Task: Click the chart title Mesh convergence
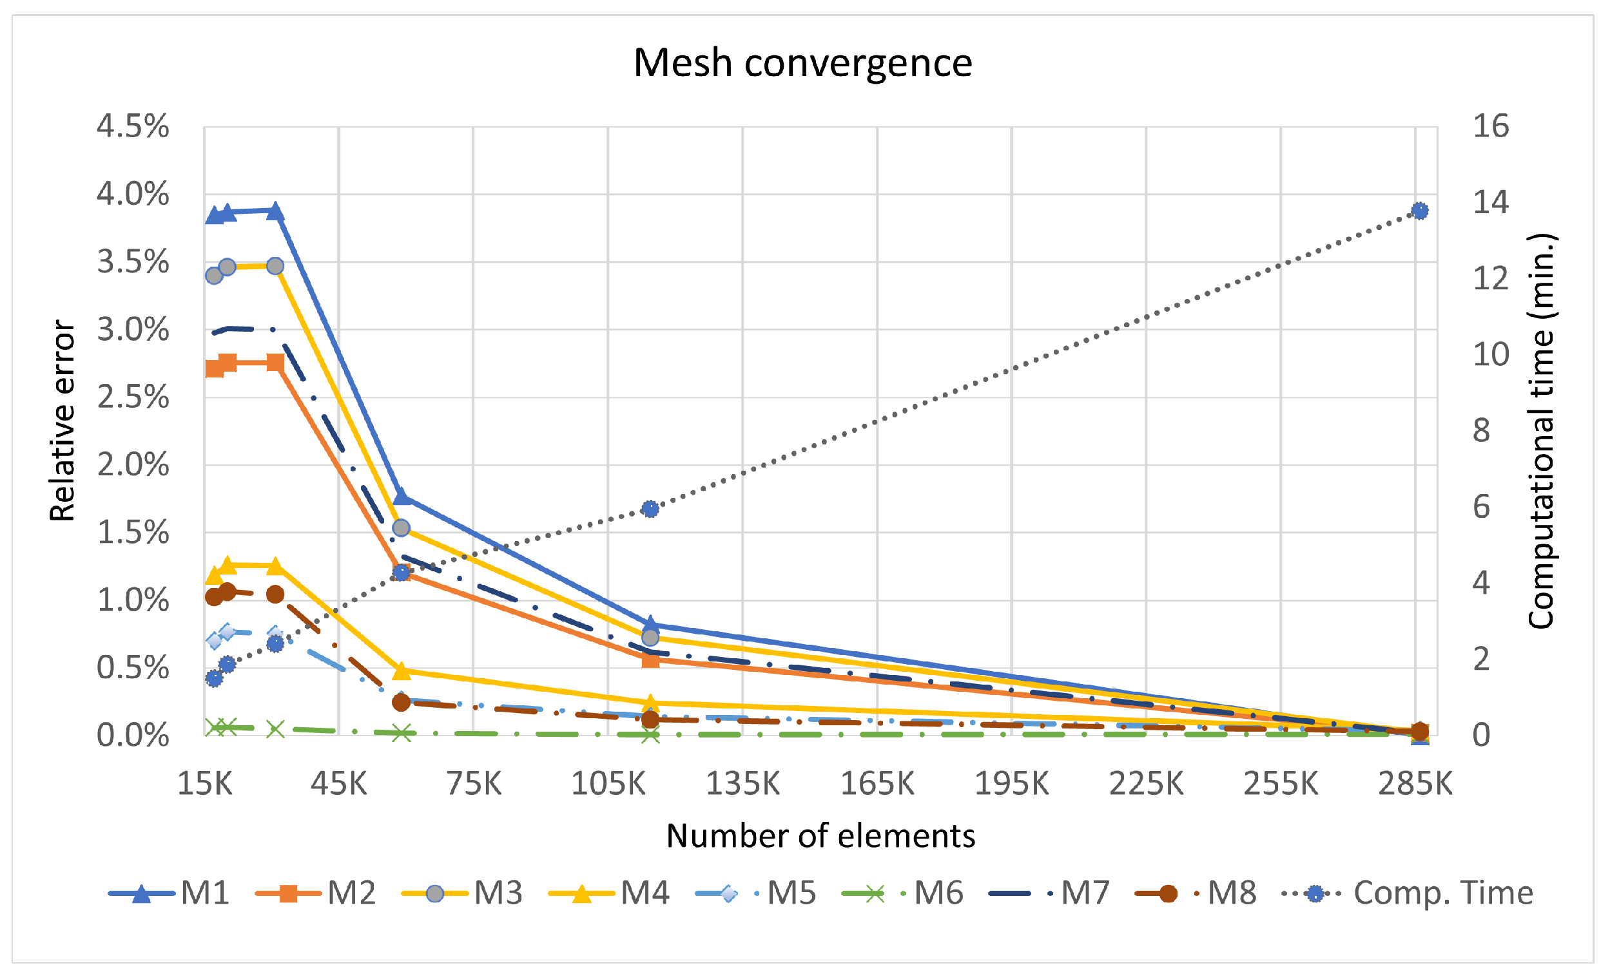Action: point(802,62)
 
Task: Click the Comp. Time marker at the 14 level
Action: point(1419,211)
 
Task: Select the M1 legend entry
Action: point(170,893)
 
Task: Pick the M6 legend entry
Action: point(902,893)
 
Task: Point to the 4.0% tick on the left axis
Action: point(133,194)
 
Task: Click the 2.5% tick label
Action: point(133,397)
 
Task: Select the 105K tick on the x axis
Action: point(608,783)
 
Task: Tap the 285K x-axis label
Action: point(1415,783)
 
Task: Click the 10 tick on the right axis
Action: point(1490,355)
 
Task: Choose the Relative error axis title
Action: point(63,421)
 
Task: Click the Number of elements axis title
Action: point(820,836)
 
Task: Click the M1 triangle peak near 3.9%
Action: point(275,211)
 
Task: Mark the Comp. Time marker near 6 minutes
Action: point(650,509)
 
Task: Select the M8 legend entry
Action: point(1196,893)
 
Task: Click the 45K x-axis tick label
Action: point(338,783)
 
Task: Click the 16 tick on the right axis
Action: point(1490,126)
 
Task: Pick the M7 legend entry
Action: point(1049,893)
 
